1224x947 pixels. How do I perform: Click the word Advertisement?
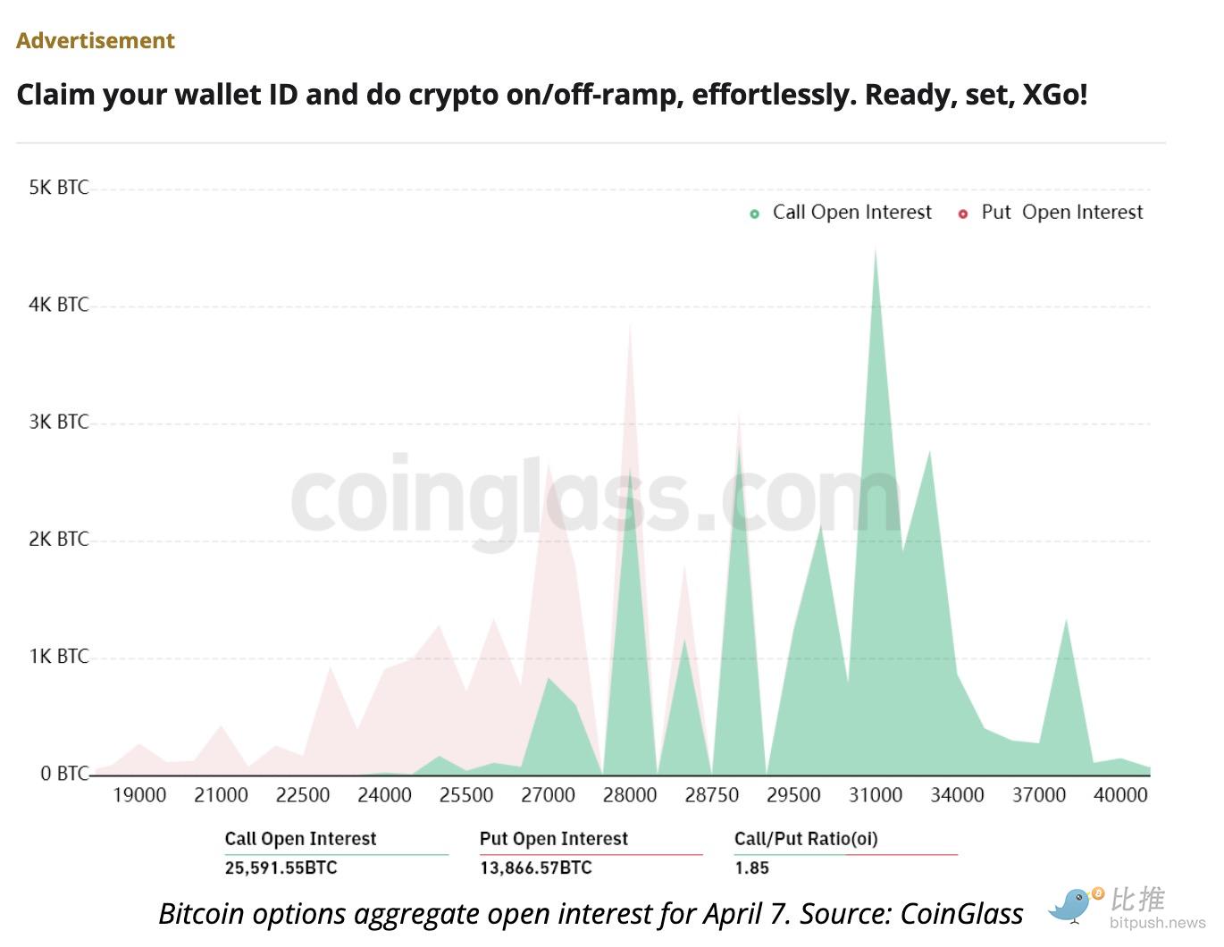pos(95,41)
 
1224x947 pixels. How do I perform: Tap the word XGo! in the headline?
pos(1054,95)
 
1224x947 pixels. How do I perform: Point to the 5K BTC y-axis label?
pos(59,188)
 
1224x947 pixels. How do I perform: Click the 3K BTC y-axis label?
pos(59,422)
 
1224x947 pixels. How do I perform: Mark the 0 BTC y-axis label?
pos(64,774)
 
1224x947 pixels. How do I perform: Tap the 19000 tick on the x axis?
pos(139,795)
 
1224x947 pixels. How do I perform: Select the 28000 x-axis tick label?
pos(630,795)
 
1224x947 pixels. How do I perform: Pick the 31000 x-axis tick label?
pos(876,795)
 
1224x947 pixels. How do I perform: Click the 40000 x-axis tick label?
pos(1120,795)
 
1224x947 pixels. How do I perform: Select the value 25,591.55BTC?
pos(281,867)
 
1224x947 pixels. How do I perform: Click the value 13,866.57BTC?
pos(535,867)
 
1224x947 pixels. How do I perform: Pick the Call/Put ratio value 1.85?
pos(751,867)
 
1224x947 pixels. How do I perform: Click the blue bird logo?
pos(1072,904)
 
